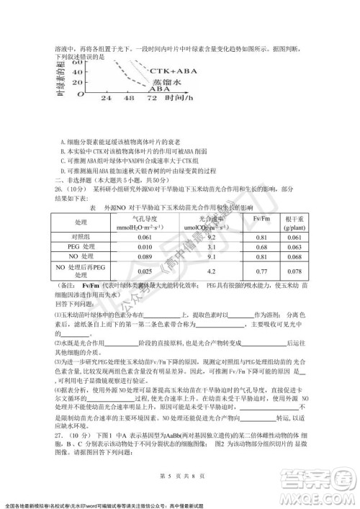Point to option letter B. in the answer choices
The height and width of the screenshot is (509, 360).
pyautogui.click(x=63, y=152)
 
